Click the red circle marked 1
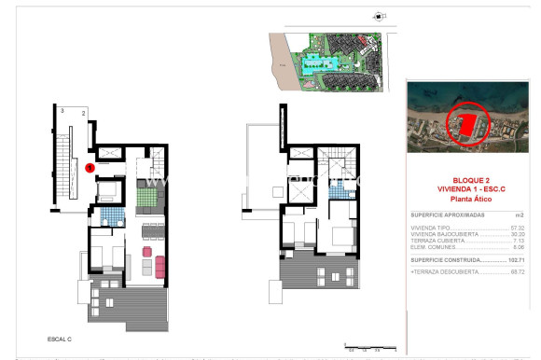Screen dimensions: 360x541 [90, 169]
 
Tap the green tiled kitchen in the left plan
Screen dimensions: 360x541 [148, 197]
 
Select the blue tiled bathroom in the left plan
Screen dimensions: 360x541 [111, 217]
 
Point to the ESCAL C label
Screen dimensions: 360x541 [60, 337]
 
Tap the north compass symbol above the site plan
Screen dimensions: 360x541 [378, 16]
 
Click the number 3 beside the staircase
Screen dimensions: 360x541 [63, 111]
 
